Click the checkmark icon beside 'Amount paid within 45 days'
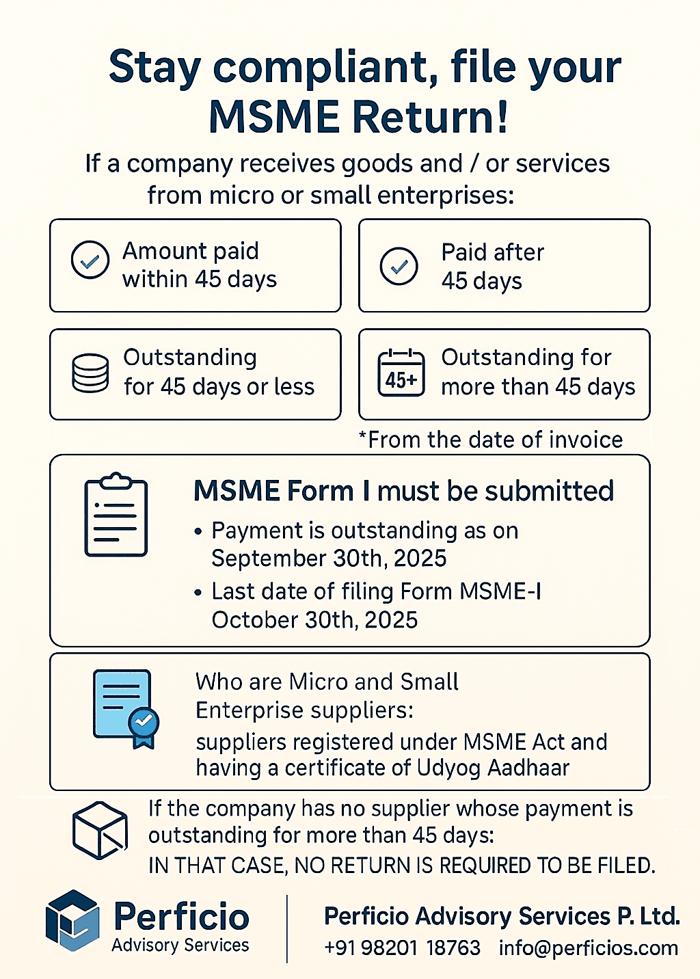pyautogui.click(x=90, y=260)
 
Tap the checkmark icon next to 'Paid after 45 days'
pyautogui.click(x=399, y=266)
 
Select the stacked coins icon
pyautogui.click(x=90, y=373)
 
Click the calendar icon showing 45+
pyautogui.click(x=401, y=373)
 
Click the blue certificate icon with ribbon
pyautogui.click(x=126, y=709)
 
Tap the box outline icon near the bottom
pyautogui.click(x=100, y=830)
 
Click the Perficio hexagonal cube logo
pyautogui.click(x=72, y=920)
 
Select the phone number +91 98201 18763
pyautogui.click(x=402, y=948)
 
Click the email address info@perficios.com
pyautogui.click(x=589, y=948)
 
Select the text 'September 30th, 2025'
pyautogui.click(x=329, y=559)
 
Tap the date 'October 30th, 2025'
pyautogui.click(x=314, y=620)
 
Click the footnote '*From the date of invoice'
pyautogui.click(x=491, y=440)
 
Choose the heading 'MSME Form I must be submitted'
pyautogui.click(x=403, y=491)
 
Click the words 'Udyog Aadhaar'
pyautogui.click(x=493, y=768)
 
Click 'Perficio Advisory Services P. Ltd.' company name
pyautogui.click(x=502, y=916)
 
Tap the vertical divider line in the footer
pyautogui.click(x=287, y=928)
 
